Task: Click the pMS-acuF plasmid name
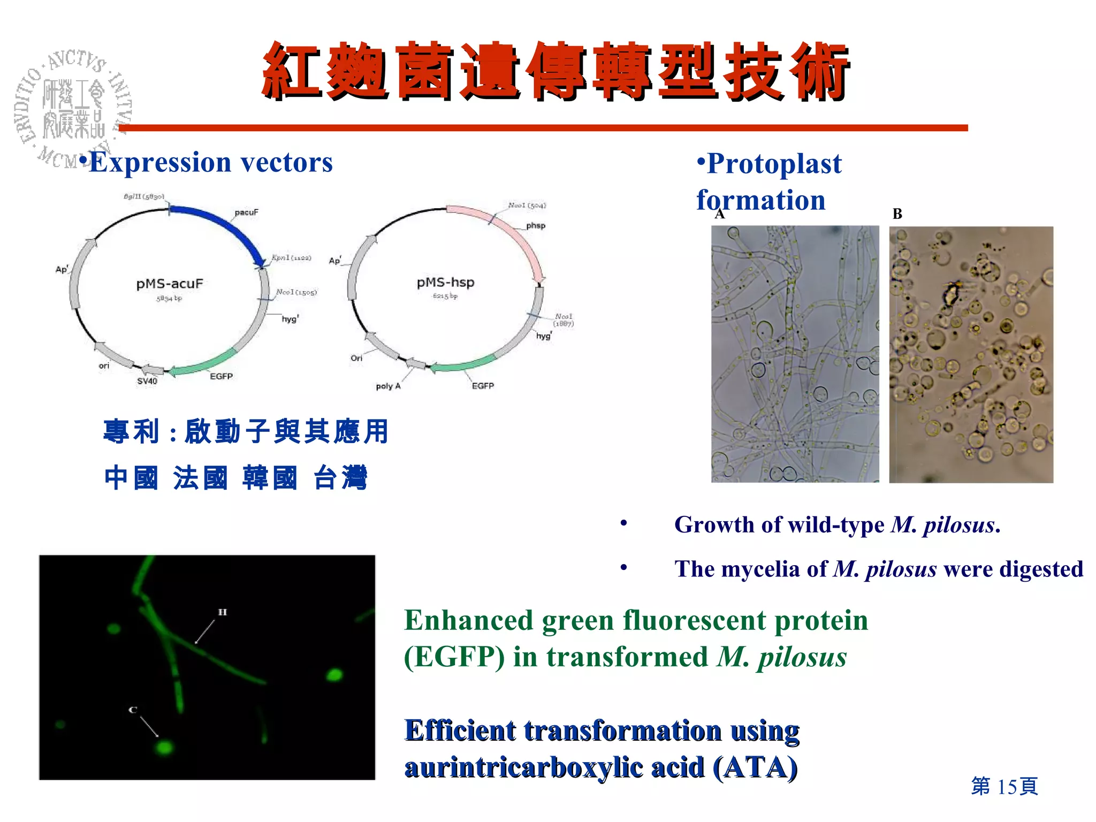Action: tap(170, 284)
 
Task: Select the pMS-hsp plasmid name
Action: tap(445, 282)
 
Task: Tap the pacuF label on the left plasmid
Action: tap(246, 212)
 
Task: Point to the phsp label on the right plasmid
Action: tap(535, 225)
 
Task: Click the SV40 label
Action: tap(147, 381)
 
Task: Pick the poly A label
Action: tap(388, 386)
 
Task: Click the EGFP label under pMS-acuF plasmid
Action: tap(221, 376)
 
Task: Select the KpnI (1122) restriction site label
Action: tap(291, 257)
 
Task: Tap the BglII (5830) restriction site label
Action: tap(144, 196)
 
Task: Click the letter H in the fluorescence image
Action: tap(222, 612)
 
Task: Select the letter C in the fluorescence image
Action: tap(133, 710)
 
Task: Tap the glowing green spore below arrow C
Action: tap(164, 747)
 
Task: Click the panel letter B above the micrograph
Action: tap(897, 214)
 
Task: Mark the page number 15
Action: tap(1007, 786)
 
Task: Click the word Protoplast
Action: tap(774, 163)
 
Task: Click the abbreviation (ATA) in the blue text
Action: tap(755, 767)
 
